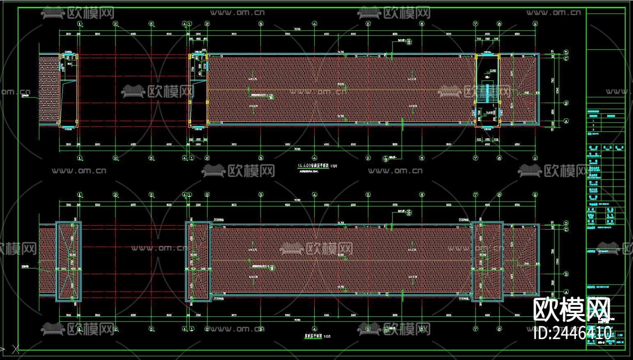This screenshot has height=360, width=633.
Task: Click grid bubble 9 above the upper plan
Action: coord(535,24)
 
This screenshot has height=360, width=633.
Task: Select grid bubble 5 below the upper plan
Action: coord(368,158)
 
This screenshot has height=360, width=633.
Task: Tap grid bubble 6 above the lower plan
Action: coord(422,195)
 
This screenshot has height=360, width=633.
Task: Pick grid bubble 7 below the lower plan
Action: coord(475,329)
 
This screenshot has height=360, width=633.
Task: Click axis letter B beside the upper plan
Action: coord(566,103)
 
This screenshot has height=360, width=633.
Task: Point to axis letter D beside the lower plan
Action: coord(566,224)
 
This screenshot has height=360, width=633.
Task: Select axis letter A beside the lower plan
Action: coord(566,292)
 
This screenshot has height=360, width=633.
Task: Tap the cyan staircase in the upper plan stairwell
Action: coord(487,93)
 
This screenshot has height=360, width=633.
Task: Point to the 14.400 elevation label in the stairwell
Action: coord(489,112)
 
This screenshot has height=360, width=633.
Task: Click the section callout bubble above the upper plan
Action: coord(409,41)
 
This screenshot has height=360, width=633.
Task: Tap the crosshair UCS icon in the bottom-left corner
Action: coord(16,349)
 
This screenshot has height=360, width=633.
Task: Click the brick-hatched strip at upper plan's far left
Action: coord(48,89)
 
